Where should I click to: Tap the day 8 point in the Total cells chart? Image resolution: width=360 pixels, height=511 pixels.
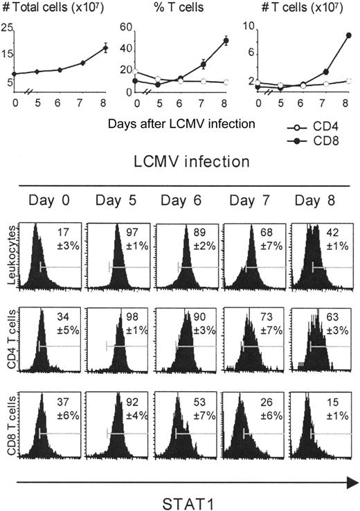[x=105, y=48]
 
